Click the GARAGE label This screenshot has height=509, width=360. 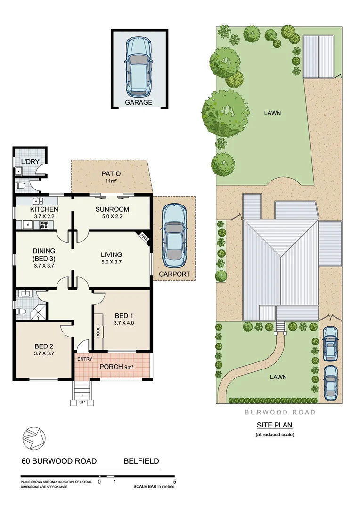(x=139, y=102)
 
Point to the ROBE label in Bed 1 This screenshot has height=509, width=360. (x=98, y=332)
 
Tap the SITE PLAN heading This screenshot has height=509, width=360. (x=274, y=425)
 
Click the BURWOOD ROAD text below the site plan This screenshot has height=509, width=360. (x=280, y=412)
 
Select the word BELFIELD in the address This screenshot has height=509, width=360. (x=141, y=461)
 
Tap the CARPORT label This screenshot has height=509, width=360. (x=174, y=274)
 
